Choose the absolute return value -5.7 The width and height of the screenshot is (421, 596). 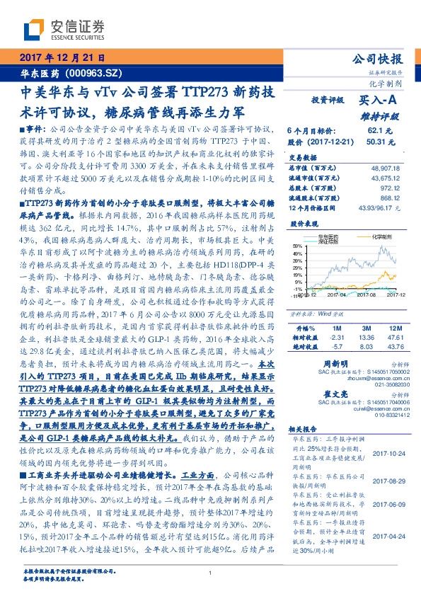336,348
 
